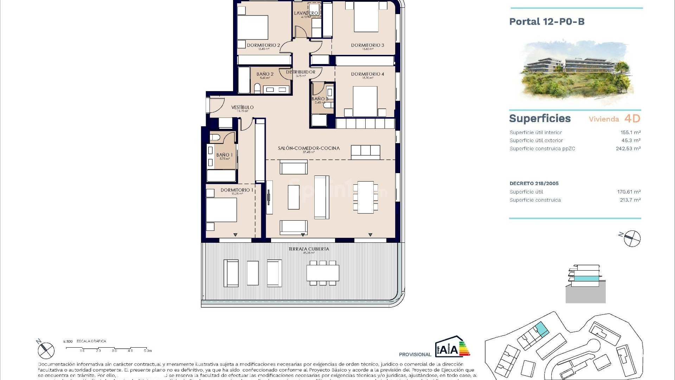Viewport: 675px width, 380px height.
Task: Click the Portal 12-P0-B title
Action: click(547, 22)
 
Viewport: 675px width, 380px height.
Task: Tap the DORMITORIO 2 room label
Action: click(263, 45)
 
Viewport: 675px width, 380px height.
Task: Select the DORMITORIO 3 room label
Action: click(367, 45)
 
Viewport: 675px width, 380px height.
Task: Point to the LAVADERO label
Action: click(306, 13)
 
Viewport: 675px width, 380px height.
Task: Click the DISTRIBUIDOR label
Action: click(301, 72)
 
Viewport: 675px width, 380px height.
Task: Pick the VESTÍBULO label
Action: click(242, 107)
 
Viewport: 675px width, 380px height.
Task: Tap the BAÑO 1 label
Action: click(224, 155)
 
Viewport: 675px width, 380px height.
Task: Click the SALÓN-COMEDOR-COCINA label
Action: click(309, 148)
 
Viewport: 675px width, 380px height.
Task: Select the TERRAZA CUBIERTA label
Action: click(309, 249)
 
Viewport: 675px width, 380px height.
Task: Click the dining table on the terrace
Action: click(323, 273)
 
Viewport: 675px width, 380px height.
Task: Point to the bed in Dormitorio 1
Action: click(221, 210)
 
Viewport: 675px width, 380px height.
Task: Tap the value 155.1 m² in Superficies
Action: click(630, 133)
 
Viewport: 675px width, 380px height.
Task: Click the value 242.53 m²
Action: click(628, 148)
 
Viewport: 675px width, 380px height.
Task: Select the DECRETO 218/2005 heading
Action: click(534, 183)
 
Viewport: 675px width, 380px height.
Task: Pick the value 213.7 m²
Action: click(630, 200)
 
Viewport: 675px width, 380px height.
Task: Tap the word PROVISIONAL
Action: click(415, 354)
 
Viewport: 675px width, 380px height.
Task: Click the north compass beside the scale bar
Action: click(46, 350)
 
